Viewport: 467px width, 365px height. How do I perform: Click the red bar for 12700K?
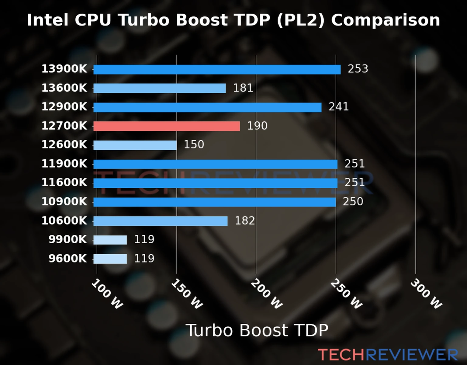166,126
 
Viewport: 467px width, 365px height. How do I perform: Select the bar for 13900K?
217,69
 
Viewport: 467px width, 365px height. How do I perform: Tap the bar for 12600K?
135,145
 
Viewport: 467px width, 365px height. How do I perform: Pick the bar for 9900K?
110,240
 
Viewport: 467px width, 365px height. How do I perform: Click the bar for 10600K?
160,221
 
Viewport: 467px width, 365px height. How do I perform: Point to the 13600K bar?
159,88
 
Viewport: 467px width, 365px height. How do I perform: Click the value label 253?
358,69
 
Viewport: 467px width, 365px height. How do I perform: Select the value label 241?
338,107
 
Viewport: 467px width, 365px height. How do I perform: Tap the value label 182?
245,221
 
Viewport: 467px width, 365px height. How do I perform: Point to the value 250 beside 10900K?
353,202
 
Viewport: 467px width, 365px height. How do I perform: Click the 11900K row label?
64,164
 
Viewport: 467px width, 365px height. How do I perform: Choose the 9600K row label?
67,259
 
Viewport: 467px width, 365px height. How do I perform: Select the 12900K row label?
64,107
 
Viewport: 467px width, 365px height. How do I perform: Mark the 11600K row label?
64,183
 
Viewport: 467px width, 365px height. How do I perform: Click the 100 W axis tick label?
107,294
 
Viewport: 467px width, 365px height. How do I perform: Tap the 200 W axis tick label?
267,294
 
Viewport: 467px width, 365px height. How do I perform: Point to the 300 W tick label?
426,294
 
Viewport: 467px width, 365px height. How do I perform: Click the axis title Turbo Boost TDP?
257,330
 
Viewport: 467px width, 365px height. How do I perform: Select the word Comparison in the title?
386,20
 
